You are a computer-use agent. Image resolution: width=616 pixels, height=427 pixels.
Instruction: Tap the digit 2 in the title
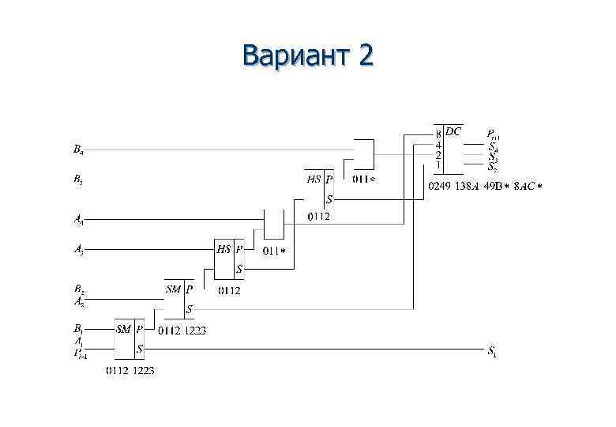pyautogui.click(x=364, y=56)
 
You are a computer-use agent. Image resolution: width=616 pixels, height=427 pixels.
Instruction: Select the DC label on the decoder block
pyautogui.click(x=453, y=130)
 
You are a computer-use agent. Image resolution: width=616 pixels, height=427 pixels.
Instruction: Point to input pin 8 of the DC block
pyautogui.click(x=438, y=134)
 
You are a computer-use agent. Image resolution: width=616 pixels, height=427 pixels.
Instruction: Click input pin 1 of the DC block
pyautogui.click(x=438, y=164)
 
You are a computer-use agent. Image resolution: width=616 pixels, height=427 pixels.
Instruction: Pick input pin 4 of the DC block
pyautogui.click(x=438, y=145)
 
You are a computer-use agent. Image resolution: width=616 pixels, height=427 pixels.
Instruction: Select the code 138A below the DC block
pyautogui.click(x=466, y=187)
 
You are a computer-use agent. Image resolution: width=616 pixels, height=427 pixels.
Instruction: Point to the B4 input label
pyautogui.click(x=78, y=149)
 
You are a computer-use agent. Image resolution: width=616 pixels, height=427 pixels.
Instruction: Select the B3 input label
pyautogui.click(x=78, y=179)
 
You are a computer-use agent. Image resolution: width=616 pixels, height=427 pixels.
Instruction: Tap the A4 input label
pyautogui.click(x=79, y=219)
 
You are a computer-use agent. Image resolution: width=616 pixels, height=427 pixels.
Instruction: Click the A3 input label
pyautogui.click(x=79, y=251)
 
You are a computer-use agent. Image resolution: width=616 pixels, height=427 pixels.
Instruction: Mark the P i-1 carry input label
pyautogui.click(x=80, y=353)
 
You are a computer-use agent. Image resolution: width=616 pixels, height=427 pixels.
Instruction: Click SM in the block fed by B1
pyautogui.click(x=123, y=328)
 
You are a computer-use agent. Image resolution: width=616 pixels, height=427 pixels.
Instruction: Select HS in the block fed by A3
pyautogui.click(x=223, y=248)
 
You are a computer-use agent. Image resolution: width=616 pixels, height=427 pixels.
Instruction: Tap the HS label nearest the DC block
pyautogui.click(x=314, y=179)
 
